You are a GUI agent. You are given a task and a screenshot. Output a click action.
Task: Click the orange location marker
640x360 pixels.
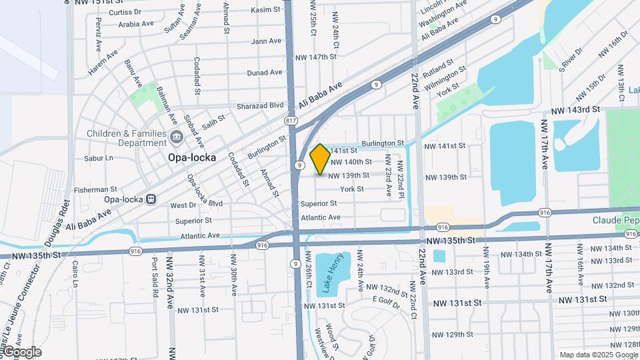point(320,160)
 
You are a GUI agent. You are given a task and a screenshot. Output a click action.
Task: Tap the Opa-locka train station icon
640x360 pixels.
point(151,199)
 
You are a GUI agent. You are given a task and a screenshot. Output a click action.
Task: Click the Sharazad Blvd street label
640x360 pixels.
point(261,105)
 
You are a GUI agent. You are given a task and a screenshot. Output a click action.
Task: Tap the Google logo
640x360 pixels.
point(22,352)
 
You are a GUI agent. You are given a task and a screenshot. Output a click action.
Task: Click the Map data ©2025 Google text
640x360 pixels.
point(598,355)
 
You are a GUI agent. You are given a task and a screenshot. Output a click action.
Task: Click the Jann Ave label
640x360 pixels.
point(266,41)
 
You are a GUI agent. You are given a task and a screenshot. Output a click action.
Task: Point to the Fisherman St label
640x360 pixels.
point(96,189)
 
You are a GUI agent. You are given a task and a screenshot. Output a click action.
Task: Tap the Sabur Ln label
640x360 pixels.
point(99,159)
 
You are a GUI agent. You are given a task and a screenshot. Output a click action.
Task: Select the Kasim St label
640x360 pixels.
point(266,10)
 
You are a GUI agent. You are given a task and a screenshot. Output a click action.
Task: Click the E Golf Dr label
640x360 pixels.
point(387,305)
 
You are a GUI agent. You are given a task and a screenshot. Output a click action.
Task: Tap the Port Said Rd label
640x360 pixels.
point(155,277)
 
